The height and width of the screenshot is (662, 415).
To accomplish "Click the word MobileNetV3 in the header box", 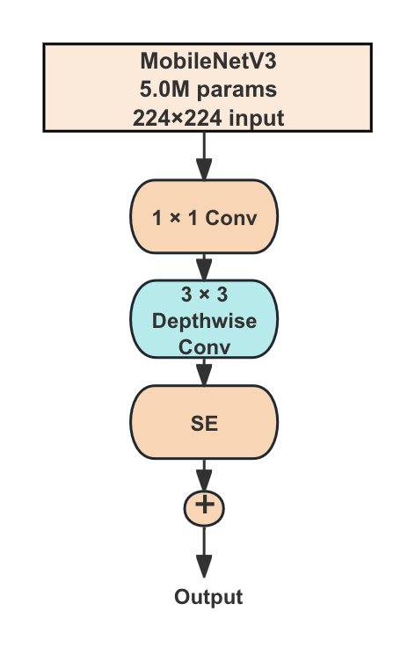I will (208, 62).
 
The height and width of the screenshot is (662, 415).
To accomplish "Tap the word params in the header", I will (236, 90).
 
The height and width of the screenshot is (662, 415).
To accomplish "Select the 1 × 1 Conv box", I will (204, 217).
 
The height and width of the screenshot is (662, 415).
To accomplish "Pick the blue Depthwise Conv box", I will (204, 320).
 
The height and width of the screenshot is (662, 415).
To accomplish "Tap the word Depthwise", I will (204, 320).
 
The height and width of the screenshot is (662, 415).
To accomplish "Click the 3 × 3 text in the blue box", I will (204, 295).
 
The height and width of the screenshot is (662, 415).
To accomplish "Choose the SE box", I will (204, 422).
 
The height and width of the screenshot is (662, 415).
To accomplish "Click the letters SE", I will (204, 423).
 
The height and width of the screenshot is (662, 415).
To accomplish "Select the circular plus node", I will (204, 506).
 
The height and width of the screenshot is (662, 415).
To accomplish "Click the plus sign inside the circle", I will (204, 506).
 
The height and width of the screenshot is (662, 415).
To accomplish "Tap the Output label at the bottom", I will (207, 598).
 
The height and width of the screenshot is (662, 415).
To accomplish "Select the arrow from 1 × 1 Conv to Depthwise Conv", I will (204, 267).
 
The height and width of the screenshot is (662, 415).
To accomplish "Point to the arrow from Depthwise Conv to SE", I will (204, 371).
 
